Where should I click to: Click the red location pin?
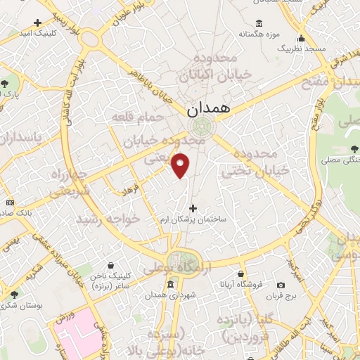[181, 165]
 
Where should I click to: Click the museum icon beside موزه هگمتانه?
[259, 22]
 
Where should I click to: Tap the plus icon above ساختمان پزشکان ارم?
[193, 208]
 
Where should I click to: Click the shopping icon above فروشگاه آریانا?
[241, 274]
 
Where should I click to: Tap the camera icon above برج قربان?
[281, 285]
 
